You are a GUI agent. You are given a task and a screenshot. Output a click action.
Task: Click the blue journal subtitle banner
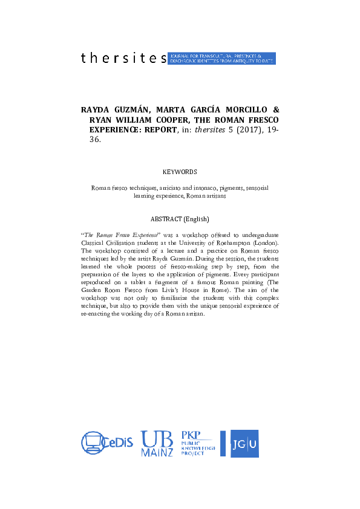pyautogui.click(x=222, y=58)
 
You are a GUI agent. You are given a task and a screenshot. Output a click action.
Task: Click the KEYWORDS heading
pyautogui.click(x=180, y=172)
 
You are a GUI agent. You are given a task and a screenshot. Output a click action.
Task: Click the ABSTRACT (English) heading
pyautogui.click(x=180, y=219)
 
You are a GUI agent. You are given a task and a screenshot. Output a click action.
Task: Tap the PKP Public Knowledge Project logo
pyautogui.click(x=198, y=444)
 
